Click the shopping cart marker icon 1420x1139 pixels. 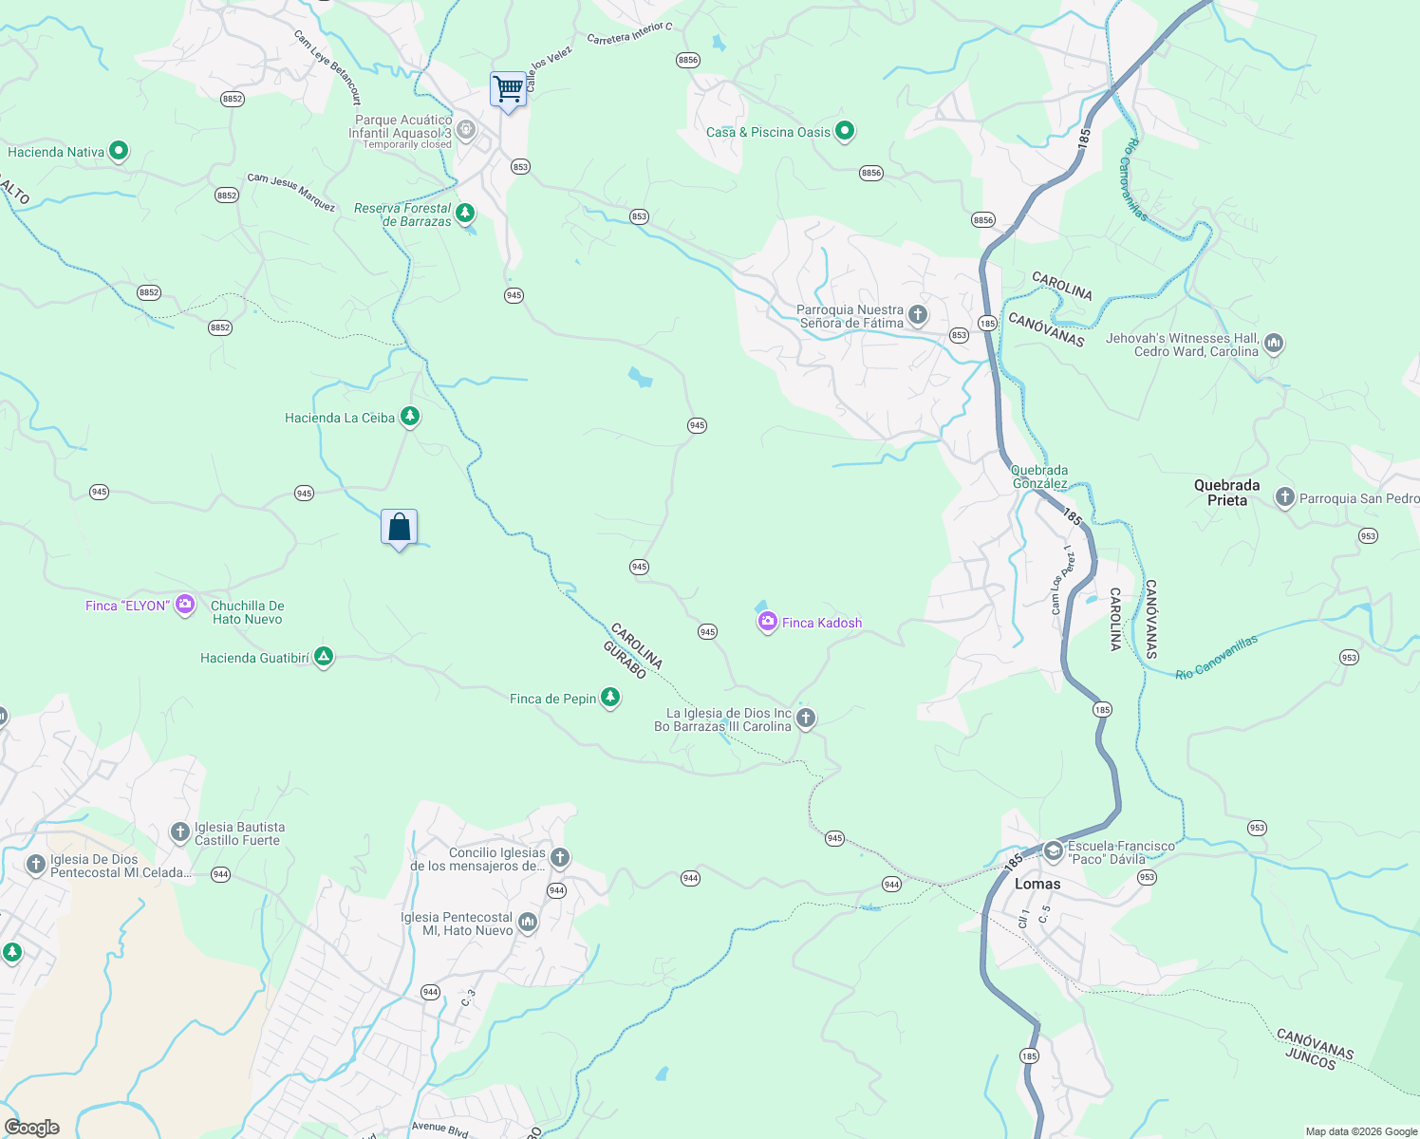509,89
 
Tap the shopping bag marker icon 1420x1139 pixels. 399,527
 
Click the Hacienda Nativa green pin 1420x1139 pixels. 119,151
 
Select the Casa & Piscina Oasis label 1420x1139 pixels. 768,132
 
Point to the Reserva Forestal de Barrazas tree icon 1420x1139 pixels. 465,213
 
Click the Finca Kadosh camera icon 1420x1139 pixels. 767,622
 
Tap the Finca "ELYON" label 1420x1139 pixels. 126,606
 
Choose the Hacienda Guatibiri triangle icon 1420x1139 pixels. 324,657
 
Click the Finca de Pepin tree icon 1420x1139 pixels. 610,698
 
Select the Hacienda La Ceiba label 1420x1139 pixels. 340,418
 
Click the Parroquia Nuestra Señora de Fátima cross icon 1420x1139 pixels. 917,314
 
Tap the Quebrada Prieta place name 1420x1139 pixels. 1226,493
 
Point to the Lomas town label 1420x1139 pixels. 1037,884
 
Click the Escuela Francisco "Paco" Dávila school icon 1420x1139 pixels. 1053,850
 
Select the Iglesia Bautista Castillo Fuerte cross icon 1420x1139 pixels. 179,832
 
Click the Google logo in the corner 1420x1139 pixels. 32,1128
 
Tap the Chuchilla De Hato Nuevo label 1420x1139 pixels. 247,612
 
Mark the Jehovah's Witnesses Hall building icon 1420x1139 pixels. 1274,343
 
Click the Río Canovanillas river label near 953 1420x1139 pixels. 1216,657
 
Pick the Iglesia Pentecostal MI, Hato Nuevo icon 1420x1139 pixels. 528,922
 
